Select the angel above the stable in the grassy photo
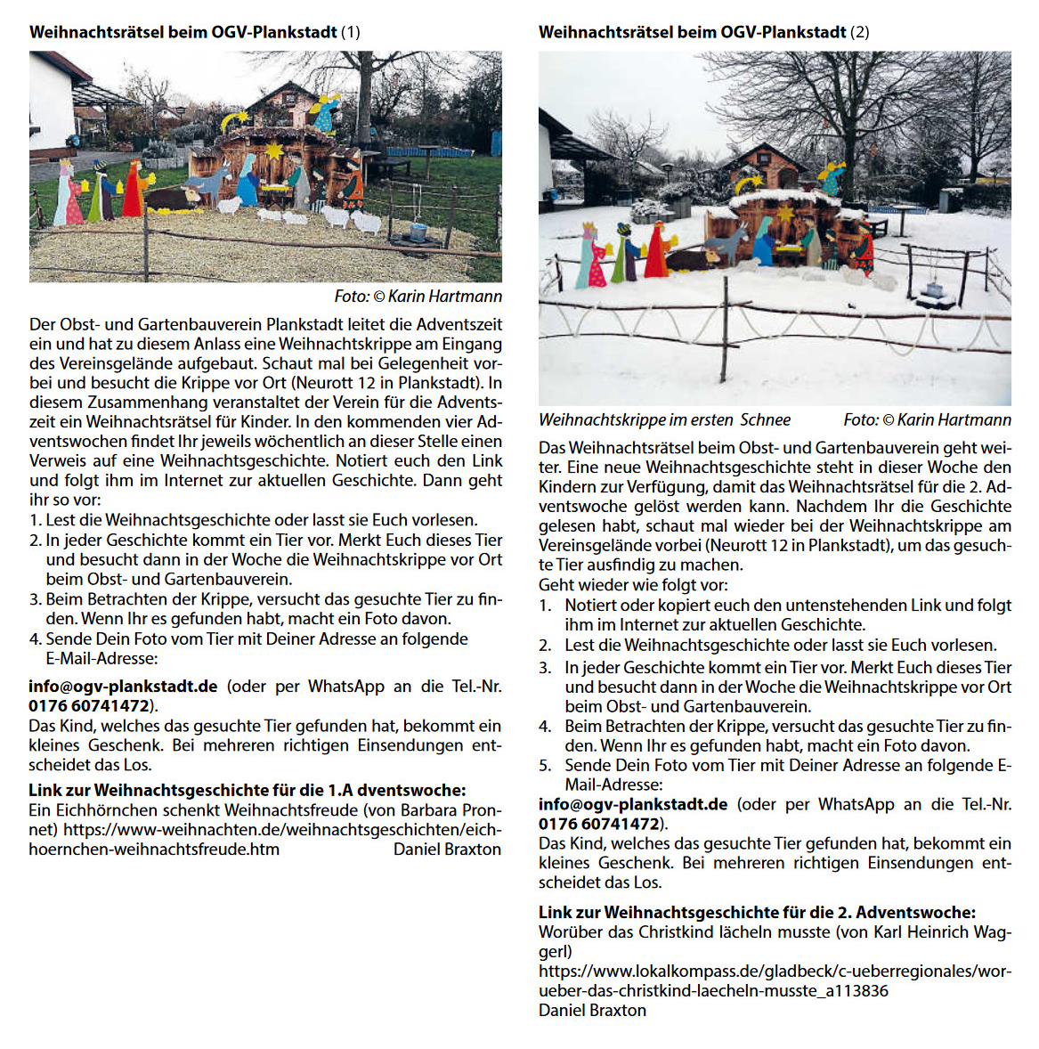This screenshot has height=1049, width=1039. click(326, 112)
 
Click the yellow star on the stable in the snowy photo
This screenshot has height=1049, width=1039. click(785, 214)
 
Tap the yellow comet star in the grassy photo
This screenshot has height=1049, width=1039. click(239, 118)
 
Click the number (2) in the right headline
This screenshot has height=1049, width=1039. click(859, 32)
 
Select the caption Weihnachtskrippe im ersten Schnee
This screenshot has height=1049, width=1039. click(664, 419)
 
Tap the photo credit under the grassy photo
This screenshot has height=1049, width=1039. click(418, 296)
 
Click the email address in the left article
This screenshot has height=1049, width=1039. click(123, 687)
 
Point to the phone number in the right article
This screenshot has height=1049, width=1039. click(599, 824)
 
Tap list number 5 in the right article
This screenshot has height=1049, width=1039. click(545, 765)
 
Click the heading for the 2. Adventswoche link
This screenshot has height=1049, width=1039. click(757, 912)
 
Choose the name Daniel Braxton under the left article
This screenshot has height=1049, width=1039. click(447, 850)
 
